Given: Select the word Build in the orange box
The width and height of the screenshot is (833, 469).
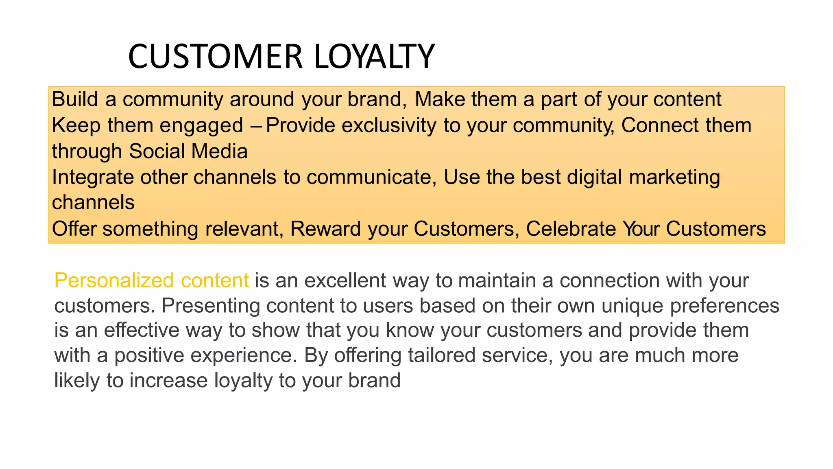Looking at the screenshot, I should point(75,99).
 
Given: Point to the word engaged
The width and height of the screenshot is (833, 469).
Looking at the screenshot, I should point(201,125).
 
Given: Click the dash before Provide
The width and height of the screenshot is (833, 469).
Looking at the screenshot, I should point(256,125).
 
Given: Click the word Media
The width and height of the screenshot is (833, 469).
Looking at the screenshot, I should point(220,151).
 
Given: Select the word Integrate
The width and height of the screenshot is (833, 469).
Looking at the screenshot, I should point(93,178).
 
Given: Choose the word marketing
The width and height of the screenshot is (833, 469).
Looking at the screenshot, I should point(674,178).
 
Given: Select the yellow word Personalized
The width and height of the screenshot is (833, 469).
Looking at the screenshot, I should point(114,281).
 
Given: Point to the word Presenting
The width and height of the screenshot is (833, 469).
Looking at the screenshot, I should point(210,306).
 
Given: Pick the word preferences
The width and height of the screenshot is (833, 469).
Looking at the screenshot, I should point(724,306).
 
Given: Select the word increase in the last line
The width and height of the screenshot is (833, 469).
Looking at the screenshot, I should point(169,381).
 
